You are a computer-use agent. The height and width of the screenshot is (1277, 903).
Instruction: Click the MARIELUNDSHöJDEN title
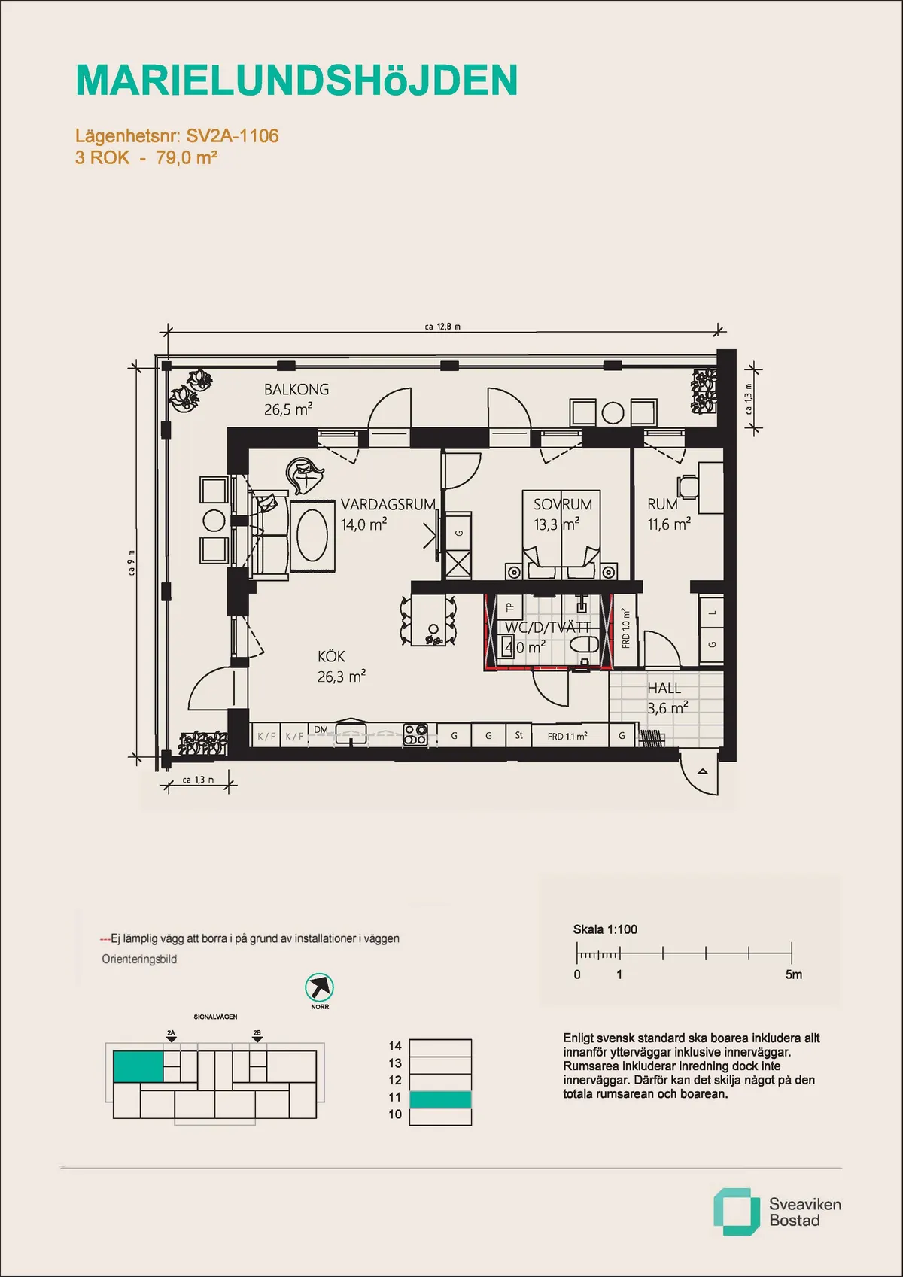coord(296,81)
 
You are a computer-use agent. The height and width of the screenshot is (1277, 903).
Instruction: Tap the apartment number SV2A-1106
coord(232,136)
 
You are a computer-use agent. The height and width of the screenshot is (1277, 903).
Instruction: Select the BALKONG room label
coord(296,389)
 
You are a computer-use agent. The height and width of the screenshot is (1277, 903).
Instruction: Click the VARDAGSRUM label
coord(388,504)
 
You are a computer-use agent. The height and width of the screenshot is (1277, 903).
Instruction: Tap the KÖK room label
coord(331,656)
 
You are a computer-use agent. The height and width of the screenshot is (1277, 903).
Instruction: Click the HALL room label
coord(664,688)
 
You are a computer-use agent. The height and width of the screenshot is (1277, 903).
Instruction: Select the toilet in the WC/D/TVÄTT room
coord(583,644)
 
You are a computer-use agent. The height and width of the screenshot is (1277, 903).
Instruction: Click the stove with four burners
coord(415,734)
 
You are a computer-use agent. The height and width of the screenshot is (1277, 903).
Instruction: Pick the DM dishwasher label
coord(321,729)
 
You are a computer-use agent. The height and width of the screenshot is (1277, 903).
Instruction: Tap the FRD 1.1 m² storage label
coord(567,736)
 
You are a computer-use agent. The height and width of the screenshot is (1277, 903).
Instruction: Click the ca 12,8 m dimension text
coord(442,327)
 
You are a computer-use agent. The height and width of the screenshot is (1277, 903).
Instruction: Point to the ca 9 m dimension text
coord(132,562)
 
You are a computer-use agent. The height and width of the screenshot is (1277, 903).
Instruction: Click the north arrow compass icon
coord(319,987)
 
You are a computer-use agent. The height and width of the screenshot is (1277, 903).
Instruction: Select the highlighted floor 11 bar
coord(440,1099)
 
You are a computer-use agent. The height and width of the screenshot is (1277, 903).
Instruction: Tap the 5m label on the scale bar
coord(793,974)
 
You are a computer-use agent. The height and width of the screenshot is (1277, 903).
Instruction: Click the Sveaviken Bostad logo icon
coord(735,1212)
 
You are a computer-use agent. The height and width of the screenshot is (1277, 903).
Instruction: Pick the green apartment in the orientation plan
coord(138,1066)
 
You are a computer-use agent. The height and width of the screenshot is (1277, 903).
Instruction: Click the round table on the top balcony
coord(613,412)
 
